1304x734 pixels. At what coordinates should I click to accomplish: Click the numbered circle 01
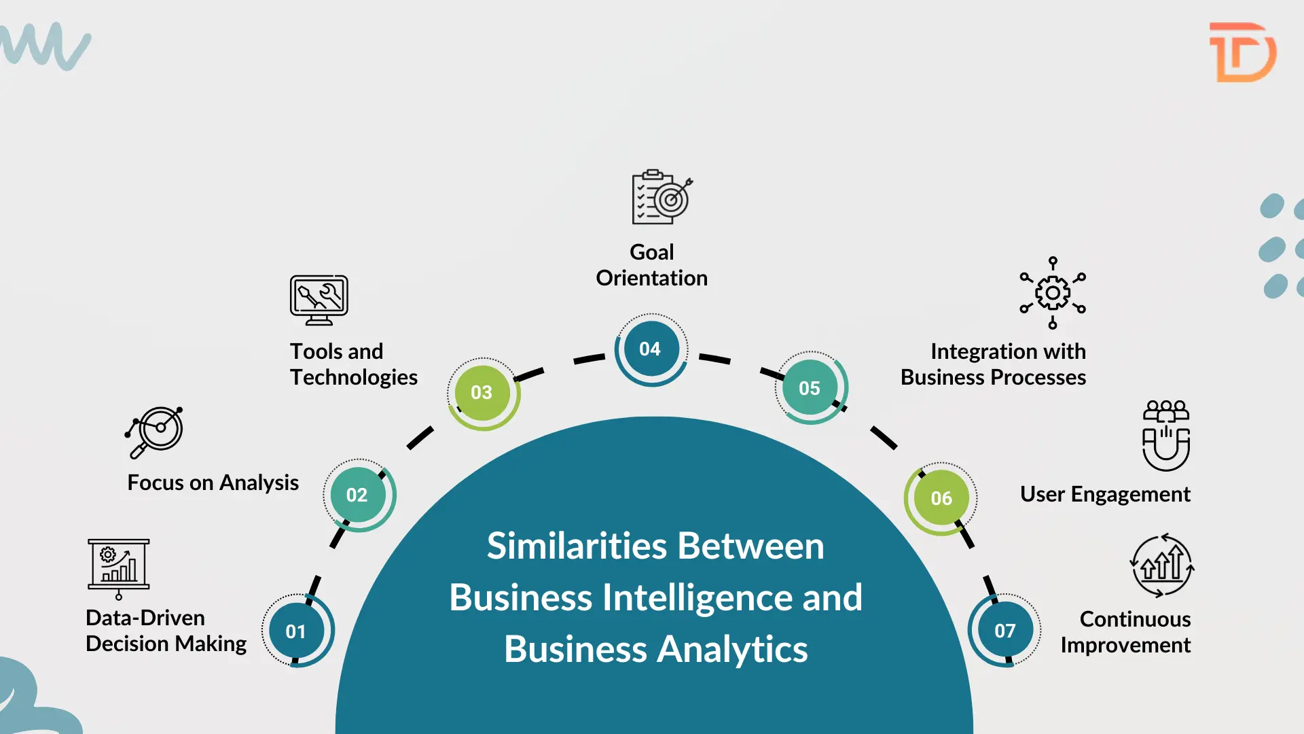click(296, 631)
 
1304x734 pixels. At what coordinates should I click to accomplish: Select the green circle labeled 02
click(357, 495)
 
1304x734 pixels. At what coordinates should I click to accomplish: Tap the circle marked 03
click(482, 392)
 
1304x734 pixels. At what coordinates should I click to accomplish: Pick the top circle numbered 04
click(650, 349)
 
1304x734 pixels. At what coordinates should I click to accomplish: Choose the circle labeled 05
click(810, 388)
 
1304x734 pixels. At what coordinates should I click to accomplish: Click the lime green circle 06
click(941, 498)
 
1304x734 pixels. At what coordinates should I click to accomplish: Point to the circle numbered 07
click(1005, 631)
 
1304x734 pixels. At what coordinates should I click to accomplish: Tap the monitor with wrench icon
click(319, 300)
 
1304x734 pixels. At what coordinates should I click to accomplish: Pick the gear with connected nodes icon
click(1053, 293)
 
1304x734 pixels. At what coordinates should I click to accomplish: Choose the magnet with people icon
click(1165, 436)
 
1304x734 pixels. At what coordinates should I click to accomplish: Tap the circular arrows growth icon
click(1162, 565)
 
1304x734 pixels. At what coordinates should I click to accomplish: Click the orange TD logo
click(1242, 52)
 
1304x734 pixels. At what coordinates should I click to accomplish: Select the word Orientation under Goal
click(652, 278)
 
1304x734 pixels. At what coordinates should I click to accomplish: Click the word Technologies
click(354, 377)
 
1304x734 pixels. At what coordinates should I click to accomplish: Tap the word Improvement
click(1125, 645)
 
